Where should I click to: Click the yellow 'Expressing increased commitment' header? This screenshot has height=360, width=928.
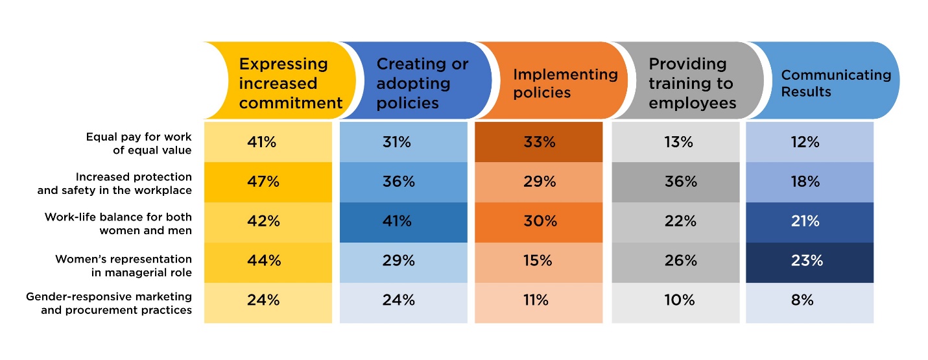coord(285,82)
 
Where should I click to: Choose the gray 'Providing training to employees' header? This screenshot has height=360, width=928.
coord(691,82)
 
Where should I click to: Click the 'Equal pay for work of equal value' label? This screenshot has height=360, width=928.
coord(139,143)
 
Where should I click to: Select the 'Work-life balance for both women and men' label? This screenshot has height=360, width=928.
coord(119,223)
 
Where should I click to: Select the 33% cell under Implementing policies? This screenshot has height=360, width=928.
coord(538,142)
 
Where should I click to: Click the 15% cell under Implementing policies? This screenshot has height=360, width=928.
coord(538,261)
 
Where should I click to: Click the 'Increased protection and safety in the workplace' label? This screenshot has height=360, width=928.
coord(134,183)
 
